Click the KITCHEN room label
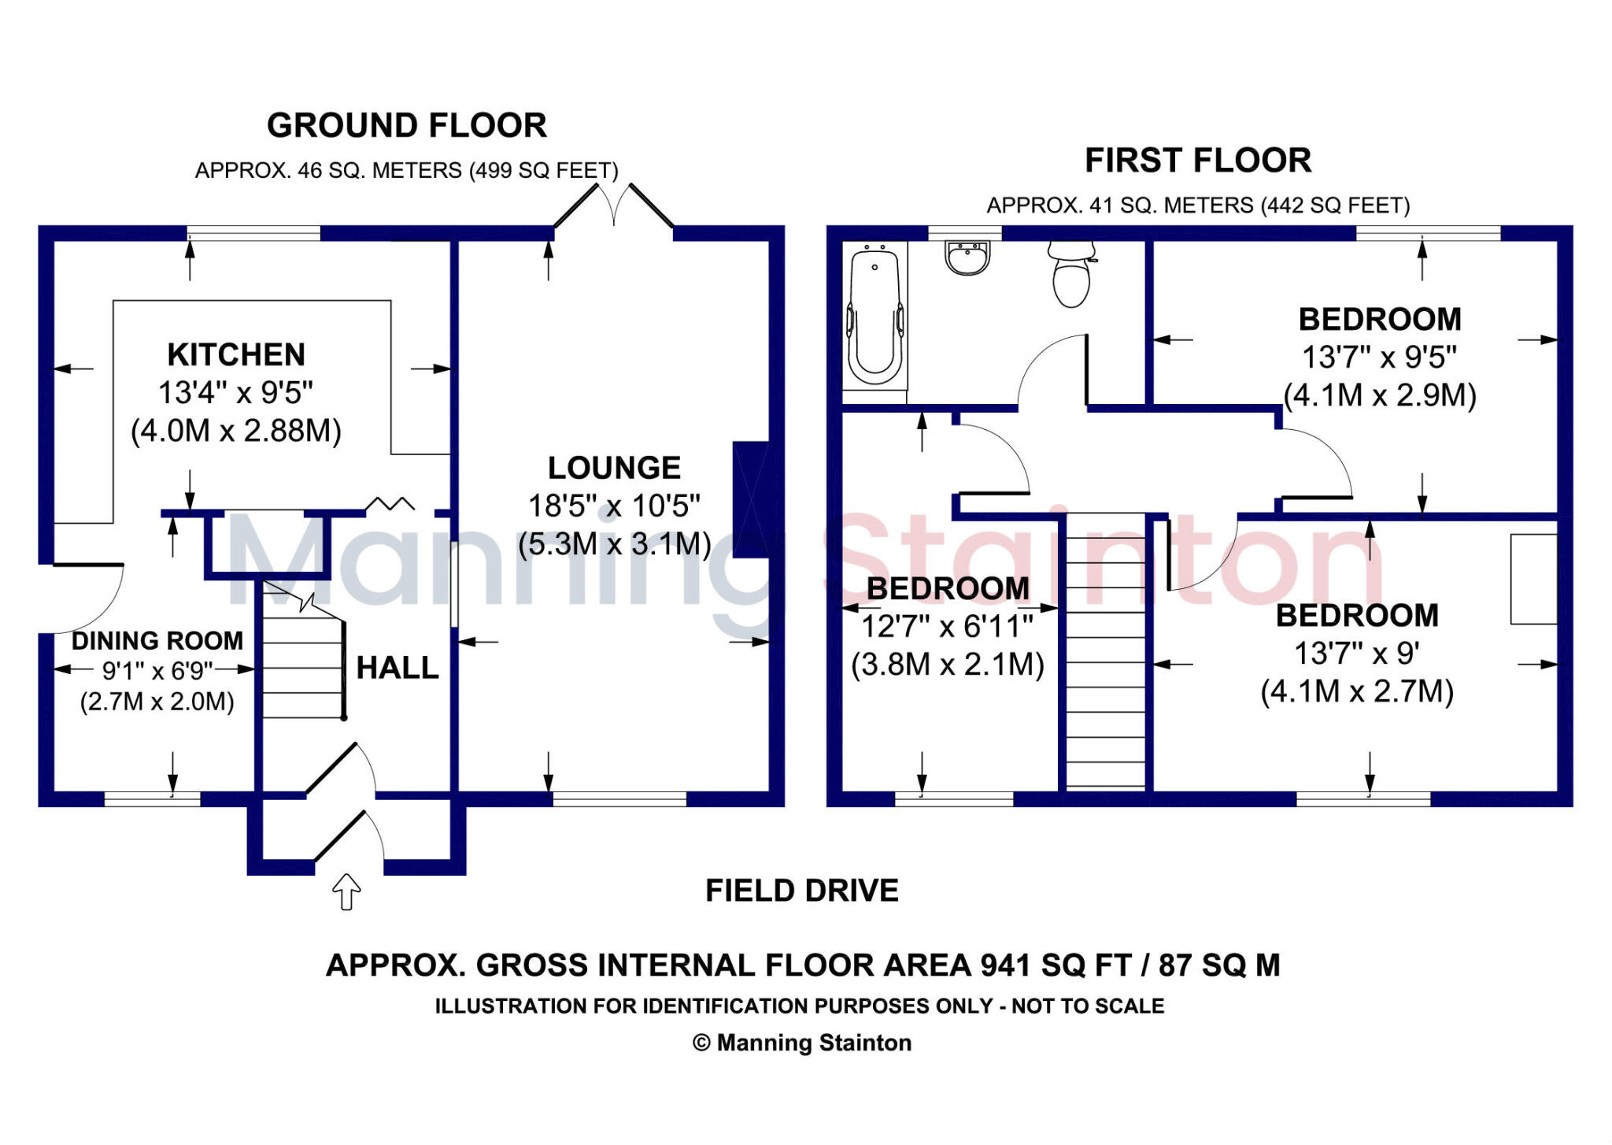(236, 355)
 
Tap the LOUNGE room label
(614, 468)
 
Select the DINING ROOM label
(157, 641)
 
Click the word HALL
(397, 669)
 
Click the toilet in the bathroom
(1071, 276)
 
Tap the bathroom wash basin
(967, 258)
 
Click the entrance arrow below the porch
(346, 891)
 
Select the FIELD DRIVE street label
(801, 891)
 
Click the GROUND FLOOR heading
(406, 126)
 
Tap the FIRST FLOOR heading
(1198, 161)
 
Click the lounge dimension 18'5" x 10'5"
(614, 506)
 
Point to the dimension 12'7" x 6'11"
(947, 627)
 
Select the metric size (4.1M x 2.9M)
(1379, 395)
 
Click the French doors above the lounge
(614, 206)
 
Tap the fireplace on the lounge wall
(751, 499)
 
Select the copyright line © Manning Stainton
(801, 1043)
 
